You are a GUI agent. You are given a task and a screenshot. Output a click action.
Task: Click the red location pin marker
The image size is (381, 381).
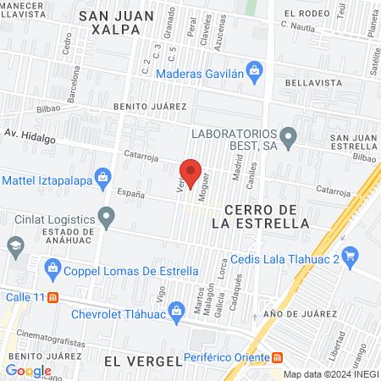[x=190, y=173]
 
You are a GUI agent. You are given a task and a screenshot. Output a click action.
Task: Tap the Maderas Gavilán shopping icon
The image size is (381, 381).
[x=253, y=69]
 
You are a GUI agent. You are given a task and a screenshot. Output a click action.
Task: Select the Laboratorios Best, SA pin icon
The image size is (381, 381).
[x=288, y=135]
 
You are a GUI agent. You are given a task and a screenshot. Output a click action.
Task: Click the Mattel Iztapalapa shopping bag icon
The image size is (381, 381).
[x=102, y=178]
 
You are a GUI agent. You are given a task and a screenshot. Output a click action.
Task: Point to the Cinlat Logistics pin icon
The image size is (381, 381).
[x=106, y=218]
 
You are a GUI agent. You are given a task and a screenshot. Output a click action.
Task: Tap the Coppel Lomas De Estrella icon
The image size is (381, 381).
[x=52, y=270]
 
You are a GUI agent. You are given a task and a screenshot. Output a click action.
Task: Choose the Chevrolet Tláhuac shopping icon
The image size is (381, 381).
[x=176, y=309]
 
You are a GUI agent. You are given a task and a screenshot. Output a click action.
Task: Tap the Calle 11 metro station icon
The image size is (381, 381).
[x=53, y=297]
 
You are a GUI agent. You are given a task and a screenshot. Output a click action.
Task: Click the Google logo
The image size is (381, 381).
[x=28, y=370]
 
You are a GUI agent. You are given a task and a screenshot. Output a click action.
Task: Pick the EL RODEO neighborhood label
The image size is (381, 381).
[x=306, y=13]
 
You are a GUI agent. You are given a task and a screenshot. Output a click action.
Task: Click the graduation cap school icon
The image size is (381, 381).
[x=15, y=246]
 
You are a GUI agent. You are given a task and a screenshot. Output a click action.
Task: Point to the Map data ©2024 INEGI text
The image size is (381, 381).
[x=329, y=374]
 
